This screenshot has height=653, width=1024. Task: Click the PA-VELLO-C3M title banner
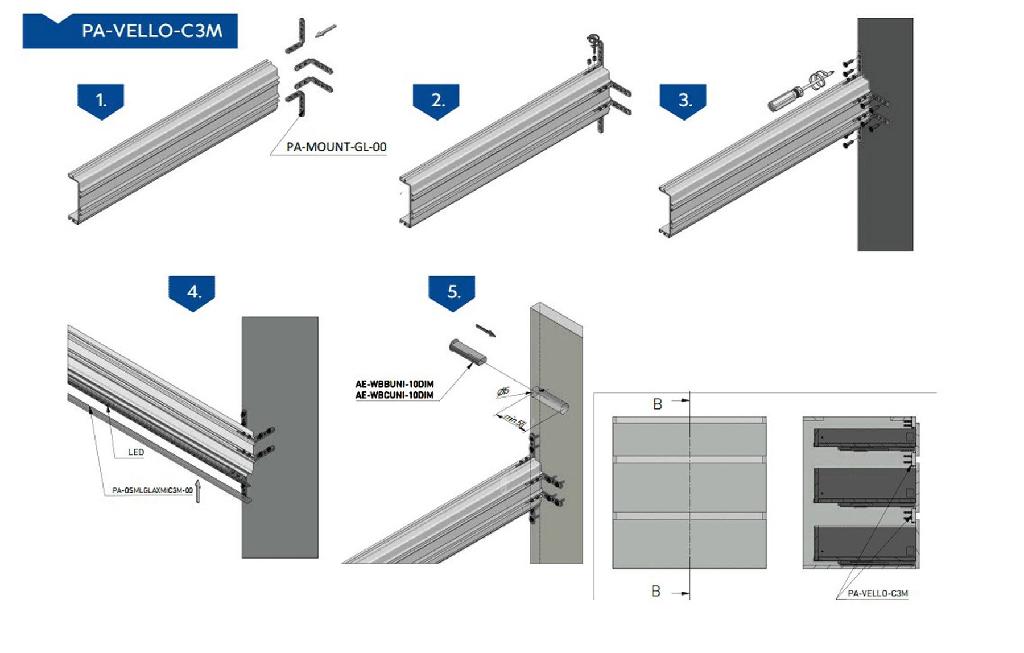(x=130, y=31)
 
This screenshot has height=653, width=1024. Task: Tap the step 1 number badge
(x=101, y=101)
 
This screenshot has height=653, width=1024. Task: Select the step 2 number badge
(x=436, y=101)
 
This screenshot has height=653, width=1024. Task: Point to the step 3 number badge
(x=683, y=101)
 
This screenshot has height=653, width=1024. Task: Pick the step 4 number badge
(x=192, y=292)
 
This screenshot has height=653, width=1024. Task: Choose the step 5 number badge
(x=452, y=292)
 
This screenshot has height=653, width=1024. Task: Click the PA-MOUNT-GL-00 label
(x=336, y=147)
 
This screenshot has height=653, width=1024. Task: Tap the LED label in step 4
(x=136, y=452)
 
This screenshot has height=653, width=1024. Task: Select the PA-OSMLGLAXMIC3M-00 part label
(x=152, y=490)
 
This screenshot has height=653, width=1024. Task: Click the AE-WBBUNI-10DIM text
(x=394, y=385)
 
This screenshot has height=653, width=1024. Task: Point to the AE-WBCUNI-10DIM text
(x=394, y=395)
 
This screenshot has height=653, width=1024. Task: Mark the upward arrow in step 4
(x=198, y=492)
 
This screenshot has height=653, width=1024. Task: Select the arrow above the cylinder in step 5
(x=486, y=330)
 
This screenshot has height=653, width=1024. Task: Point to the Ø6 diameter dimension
(x=503, y=391)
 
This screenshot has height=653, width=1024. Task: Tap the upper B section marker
(x=658, y=404)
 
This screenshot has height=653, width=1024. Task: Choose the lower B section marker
(x=656, y=592)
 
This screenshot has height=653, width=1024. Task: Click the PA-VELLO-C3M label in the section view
(x=878, y=593)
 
